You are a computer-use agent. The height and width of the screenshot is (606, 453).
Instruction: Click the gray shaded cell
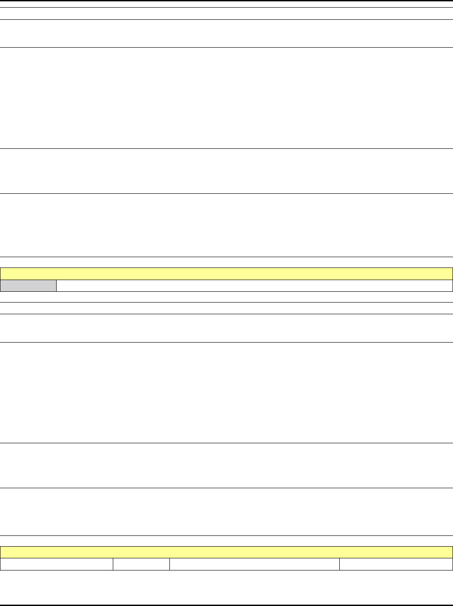coord(28,286)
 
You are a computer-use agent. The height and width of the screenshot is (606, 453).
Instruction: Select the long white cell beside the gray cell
coord(254,286)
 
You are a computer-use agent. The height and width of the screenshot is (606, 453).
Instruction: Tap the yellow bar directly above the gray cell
coord(226,274)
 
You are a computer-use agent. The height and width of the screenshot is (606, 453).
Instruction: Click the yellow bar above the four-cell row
coord(226,553)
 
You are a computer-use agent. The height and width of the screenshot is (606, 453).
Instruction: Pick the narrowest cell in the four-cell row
coord(141,565)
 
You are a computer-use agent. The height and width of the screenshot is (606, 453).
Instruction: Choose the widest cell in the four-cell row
coord(254,565)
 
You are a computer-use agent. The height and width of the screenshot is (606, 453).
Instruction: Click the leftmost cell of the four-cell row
coord(57,565)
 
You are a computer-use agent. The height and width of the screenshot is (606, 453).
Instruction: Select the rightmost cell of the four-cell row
coord(395,565)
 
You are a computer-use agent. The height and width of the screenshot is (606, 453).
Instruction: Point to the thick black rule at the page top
coord(226,1)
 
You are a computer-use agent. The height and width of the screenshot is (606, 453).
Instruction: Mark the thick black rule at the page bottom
coord(226,605)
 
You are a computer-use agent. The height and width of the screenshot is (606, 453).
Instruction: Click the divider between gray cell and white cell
coord(57,286)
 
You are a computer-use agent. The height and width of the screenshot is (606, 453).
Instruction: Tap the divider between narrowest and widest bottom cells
coord(169,565)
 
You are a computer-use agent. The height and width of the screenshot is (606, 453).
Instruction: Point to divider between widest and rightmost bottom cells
coord(339,565)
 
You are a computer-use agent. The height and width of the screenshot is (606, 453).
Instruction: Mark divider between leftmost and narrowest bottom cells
coord(113,565)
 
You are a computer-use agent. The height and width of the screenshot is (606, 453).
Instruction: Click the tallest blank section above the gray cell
coord(226,98)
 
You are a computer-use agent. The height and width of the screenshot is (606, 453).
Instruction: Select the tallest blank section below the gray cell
coord(226,393)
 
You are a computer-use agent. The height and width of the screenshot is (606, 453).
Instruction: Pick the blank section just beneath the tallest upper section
coord(226,171)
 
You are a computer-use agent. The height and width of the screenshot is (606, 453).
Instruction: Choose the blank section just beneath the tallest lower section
coord(226,466)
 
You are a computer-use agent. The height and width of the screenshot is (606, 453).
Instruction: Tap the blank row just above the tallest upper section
coord(226,34)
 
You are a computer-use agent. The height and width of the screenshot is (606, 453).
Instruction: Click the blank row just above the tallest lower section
coord(226,328)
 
